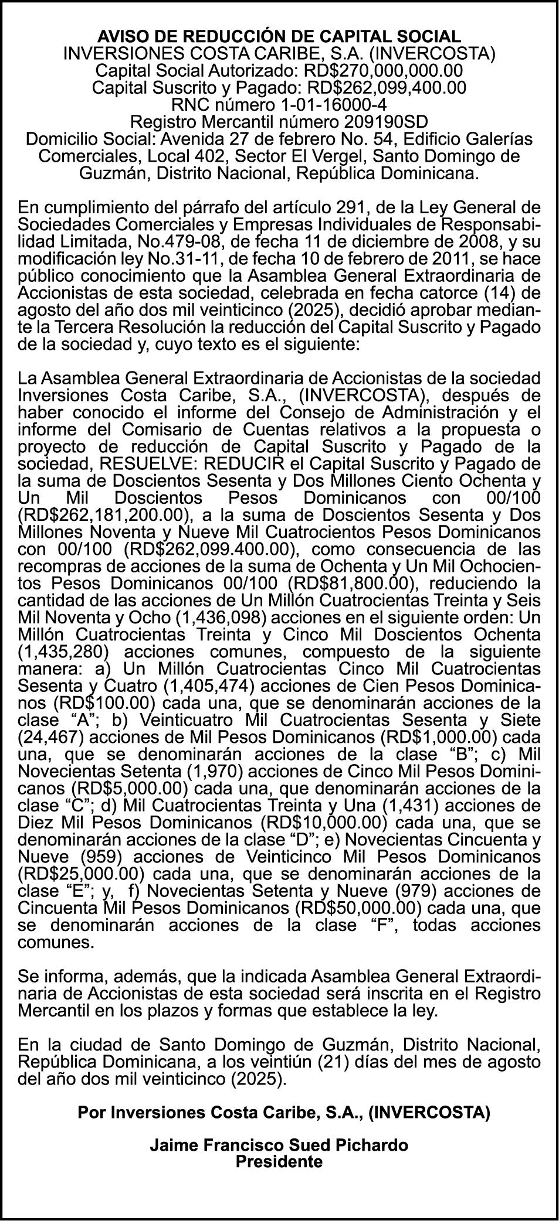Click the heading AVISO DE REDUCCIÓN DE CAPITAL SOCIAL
click(x=279, y=36)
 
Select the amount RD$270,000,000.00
click(x=382, y=70)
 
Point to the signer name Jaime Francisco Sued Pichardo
click(x=279, y=1144)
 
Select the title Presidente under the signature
click(x=279, y=1161)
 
